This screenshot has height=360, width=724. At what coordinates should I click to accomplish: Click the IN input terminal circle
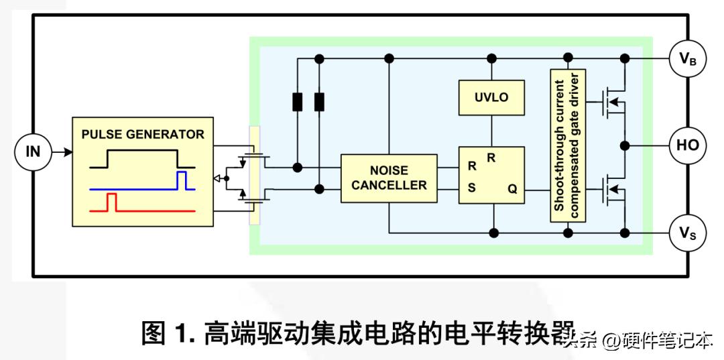coord(33,152)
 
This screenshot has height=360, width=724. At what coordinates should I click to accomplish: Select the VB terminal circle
coord(687,59)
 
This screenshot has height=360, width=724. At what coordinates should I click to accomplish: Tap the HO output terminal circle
coord(687,145)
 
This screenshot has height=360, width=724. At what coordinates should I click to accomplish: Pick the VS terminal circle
coord(687,233)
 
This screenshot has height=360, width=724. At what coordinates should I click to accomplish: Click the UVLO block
coord(491,97)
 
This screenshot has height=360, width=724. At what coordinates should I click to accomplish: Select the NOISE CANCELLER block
coord(389,178)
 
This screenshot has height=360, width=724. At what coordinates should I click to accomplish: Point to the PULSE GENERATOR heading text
coord(143,134)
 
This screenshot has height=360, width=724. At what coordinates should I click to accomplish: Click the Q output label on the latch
coord(512,189)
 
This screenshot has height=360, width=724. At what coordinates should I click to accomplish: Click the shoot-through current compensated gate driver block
coord(567,145)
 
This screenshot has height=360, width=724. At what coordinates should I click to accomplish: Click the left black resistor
coord(298,102)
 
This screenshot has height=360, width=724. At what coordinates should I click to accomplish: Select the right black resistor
coord(320,102)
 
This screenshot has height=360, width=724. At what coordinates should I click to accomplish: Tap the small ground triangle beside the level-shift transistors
coord(216,178)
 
